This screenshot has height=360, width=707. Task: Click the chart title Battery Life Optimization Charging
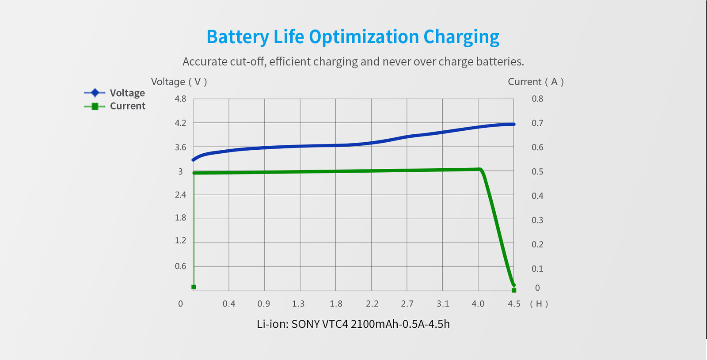point(353,37)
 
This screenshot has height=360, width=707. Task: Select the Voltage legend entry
point(127,93)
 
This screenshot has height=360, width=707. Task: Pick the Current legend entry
point(127,106)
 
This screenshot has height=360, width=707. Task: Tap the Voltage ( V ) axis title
point(179,82)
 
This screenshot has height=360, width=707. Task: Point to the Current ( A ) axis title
point(536,82)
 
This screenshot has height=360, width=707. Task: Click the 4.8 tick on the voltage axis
point(180,99)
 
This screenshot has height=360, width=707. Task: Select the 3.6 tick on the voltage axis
point(180,148)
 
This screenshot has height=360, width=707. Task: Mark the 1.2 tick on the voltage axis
point(180,241)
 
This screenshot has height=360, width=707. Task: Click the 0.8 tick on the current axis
point(537,99)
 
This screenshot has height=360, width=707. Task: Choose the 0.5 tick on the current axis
point(537,172)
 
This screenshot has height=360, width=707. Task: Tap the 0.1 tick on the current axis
point(537,269)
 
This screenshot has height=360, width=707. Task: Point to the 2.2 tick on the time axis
point(372,304)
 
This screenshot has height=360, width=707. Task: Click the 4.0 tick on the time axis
point(478,304)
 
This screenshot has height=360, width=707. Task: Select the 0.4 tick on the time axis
point(229,304)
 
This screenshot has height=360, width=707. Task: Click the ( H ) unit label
point(539,304)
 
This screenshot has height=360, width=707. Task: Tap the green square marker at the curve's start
point(194,287)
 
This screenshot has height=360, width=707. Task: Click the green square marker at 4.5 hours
point(514,290)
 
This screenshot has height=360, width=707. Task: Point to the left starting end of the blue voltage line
point(194,159)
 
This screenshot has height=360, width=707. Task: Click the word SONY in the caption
point(305,324)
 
